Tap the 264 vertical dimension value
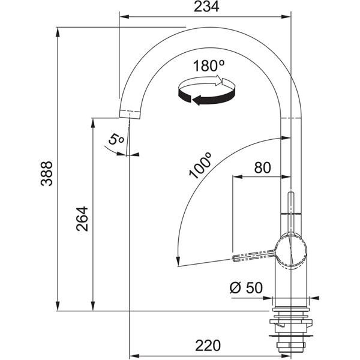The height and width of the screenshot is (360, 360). (x=82, y=219)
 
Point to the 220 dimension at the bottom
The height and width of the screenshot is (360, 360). (x=208, y=345)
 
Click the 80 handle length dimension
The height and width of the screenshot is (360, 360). (x=262, y=168)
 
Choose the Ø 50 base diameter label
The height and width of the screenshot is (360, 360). (x=246, y=287)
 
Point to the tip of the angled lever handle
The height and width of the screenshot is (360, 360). (x=235, y=259)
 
